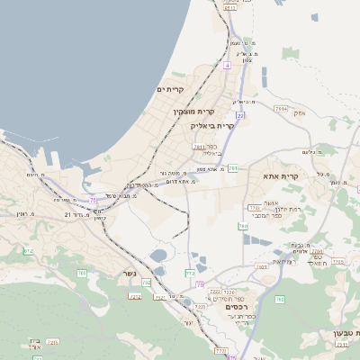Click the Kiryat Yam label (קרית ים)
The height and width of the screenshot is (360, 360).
click(170, 89)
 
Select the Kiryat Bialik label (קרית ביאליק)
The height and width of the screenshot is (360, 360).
click(214, 126)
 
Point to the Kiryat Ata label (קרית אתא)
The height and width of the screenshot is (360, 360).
click(281, 176)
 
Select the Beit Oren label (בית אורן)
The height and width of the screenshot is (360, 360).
click(30, 342)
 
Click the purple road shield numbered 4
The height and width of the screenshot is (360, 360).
click(228, 66)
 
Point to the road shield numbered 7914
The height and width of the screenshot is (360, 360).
click(280, 108)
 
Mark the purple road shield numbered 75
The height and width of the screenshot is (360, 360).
click(93, 200)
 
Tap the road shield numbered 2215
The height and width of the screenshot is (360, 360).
click(135, 296)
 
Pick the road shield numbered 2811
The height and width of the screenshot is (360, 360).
click(198, 146)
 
